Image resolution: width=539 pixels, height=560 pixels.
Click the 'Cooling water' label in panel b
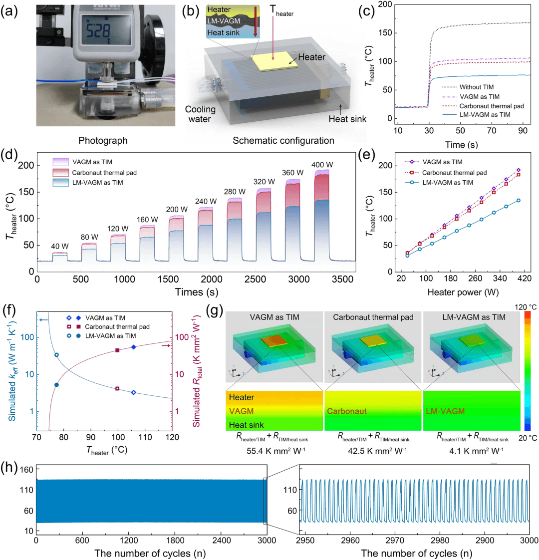point(200,114)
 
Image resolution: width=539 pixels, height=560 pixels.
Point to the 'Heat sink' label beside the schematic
point(347,119)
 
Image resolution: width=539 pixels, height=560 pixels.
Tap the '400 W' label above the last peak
point(322,165)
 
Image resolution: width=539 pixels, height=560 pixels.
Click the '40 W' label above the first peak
point(60,247)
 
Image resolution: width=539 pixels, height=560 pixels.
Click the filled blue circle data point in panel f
point(56,385)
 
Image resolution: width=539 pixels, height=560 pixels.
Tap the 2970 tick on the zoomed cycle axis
point(395,540)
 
